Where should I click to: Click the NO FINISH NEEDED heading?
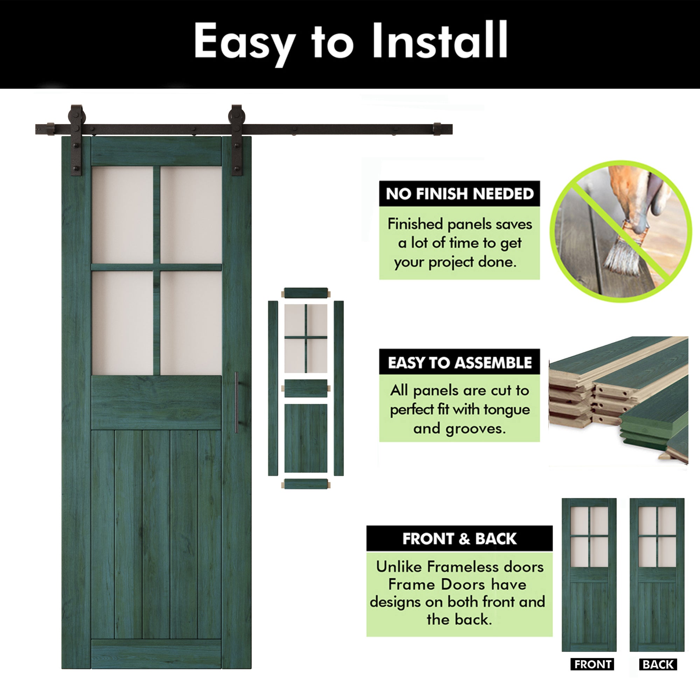(x=460, y=194)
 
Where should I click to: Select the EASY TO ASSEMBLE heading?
(x=460, y=363)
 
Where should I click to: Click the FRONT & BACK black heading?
(x=460, y=539)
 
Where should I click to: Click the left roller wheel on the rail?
(x=77, y=115)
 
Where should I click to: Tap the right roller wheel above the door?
(x=237, y=115)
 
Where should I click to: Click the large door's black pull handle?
(x=236, y=402)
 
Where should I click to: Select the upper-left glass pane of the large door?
(x=122, y=215)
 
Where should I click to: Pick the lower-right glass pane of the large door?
(x=191, y=323)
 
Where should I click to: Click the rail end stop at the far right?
(x=437, y=129)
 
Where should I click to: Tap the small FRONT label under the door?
(x=593, y=664)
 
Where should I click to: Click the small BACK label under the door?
(x=658, y=664)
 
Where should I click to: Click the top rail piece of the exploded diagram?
(x=306, y=293)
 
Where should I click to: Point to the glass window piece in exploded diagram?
(x=306, y=338)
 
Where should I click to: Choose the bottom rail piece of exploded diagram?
(x=306, y=484)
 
